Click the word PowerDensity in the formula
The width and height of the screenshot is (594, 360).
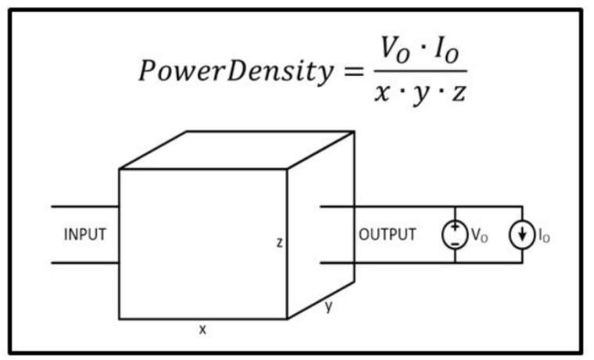(236, 71)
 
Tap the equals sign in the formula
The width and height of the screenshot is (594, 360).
(353, 71)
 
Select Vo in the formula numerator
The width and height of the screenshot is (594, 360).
(394, 49)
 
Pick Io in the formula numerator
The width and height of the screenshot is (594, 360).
(447, 49)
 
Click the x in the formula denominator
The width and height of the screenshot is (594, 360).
(383, 93)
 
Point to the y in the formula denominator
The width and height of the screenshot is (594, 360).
(420, 95)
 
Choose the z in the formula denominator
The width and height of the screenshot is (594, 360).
(459, 93)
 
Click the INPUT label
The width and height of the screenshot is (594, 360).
(85, 235)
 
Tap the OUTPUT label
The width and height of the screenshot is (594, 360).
(387, 235)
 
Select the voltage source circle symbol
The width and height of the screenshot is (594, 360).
(442, 235)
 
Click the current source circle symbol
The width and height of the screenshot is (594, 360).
(509, 235)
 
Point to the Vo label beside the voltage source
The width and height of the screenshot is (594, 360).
(479, 236)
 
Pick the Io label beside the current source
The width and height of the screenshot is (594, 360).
(544, 236)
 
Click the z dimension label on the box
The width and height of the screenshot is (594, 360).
(279, 243)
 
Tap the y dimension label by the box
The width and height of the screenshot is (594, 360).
(329, 306)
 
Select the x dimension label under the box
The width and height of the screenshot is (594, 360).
(203, 329)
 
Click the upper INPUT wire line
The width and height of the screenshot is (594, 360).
(85, 207)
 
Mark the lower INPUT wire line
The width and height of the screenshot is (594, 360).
(85, 263)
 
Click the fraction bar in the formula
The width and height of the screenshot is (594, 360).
(420, 71)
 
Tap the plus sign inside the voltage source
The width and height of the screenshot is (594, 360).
(455, 227)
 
